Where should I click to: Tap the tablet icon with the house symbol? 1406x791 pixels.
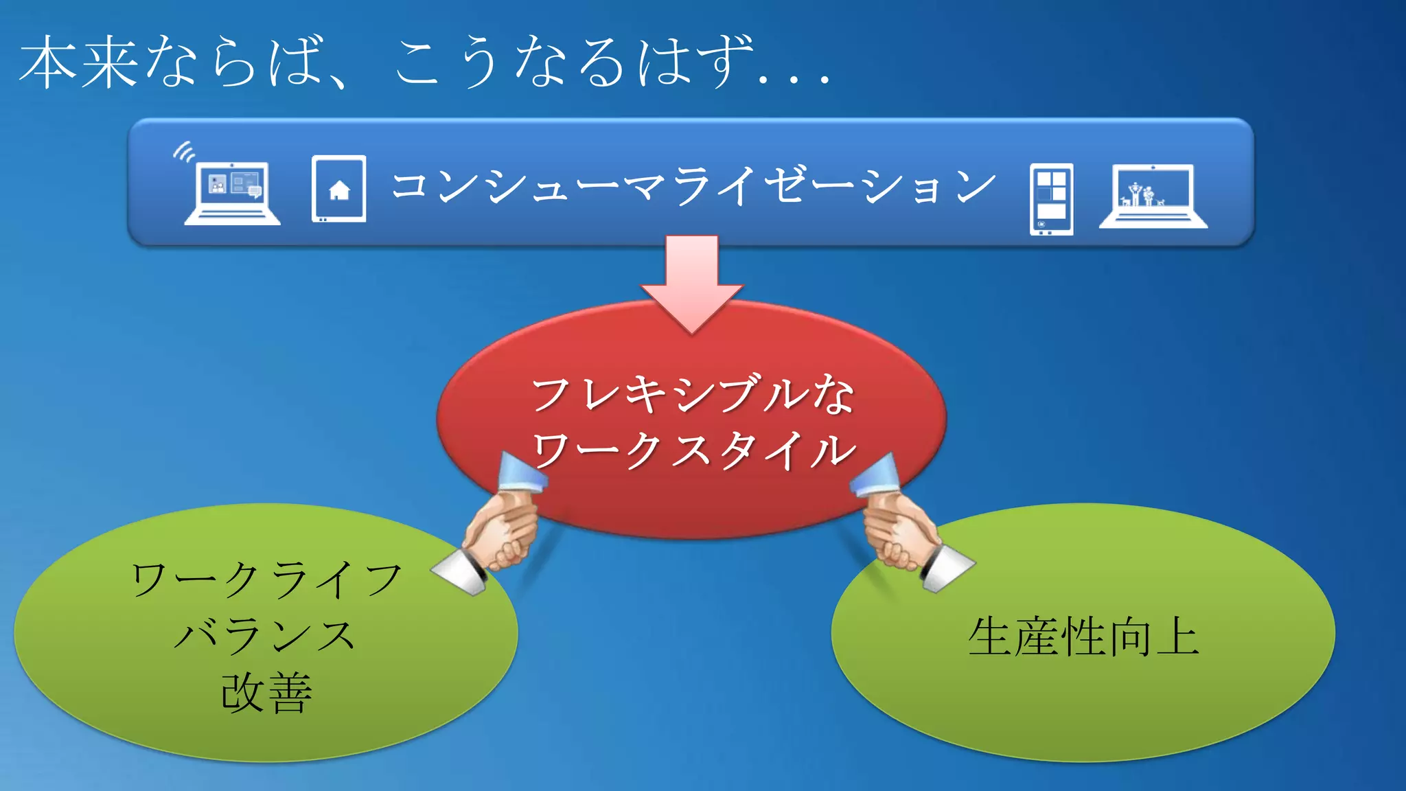(338, 189)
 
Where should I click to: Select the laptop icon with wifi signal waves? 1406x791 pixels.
(231, 192)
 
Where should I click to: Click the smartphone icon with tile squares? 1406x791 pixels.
(1051, 199)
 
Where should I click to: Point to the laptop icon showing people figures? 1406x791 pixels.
(1153, 196)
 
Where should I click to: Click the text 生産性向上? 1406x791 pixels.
(1083, 637)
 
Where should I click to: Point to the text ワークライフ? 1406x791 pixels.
(266, 580)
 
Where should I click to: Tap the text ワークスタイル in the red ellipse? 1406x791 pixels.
(693, 451)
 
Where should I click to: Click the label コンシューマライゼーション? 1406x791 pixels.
(693, 186)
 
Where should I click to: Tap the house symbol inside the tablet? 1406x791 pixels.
(339, 190)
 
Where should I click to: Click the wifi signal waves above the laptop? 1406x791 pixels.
(183, 152)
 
